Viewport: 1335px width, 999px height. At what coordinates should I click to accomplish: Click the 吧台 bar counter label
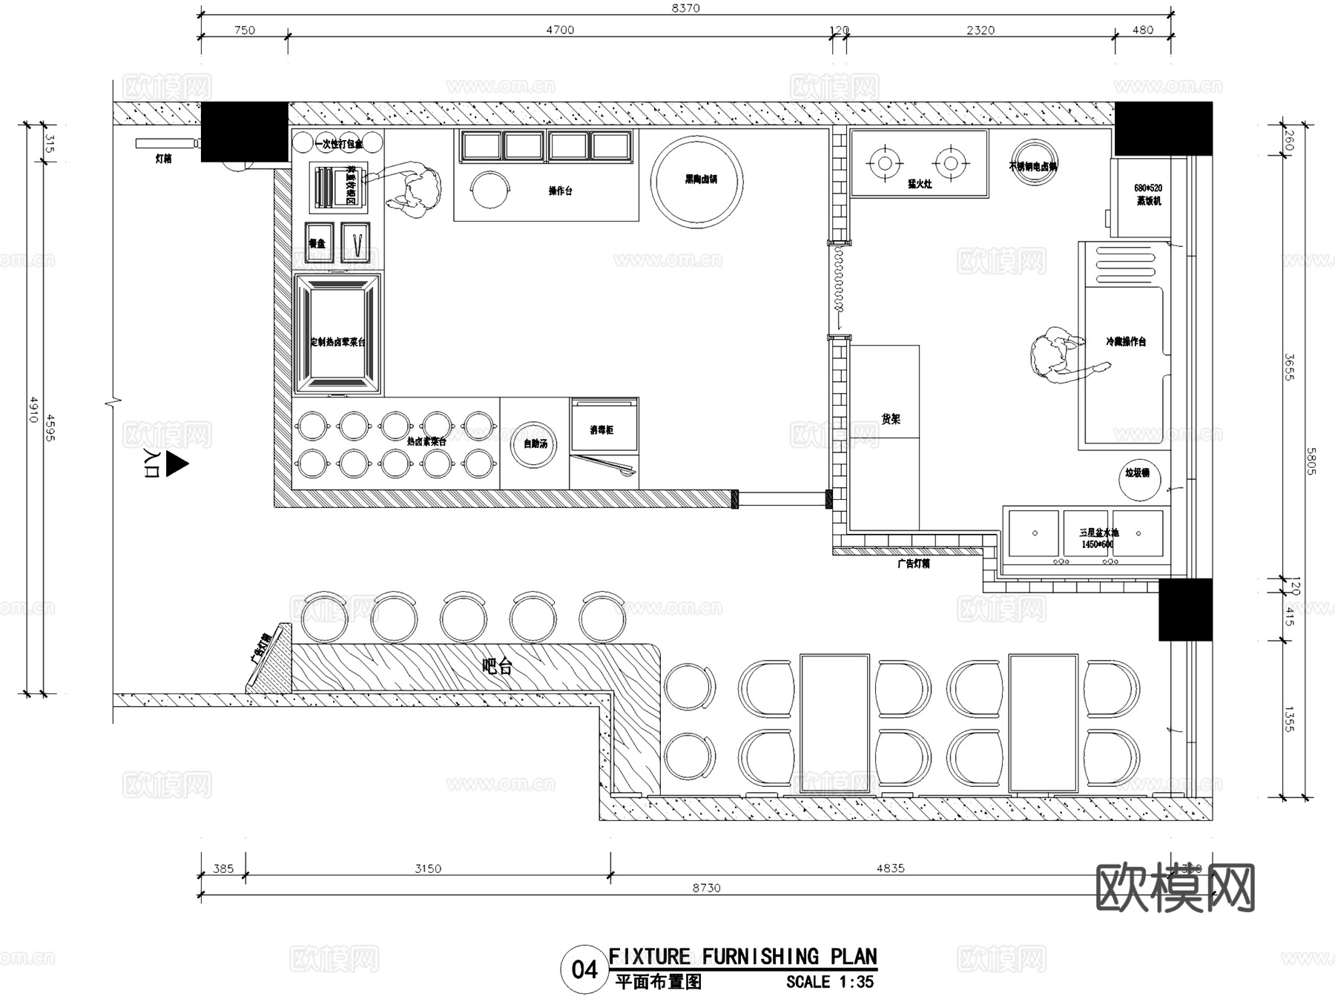tap(497, 666)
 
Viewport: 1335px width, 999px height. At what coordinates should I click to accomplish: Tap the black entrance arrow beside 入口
tap(177, 464)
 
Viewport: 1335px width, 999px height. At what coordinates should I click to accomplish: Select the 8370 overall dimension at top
tap(685, 8)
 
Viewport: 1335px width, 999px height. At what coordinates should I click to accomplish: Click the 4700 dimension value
tap(560, 30)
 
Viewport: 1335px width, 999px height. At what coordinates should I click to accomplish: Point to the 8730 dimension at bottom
tap(706, 888)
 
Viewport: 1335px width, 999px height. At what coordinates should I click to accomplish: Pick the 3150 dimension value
tap(428, 868)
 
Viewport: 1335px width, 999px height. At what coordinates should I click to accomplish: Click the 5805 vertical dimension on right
tap(1311, 461)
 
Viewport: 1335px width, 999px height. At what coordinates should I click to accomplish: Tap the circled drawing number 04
tap(584, 969)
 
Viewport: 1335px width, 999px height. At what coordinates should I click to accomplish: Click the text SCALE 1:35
tap(830, 982)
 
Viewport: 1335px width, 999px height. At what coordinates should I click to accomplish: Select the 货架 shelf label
tap(891, 419)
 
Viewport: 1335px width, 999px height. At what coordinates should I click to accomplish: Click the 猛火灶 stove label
tap(919, 184)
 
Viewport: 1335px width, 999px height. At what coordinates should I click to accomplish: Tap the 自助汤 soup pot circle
tap(535, 444)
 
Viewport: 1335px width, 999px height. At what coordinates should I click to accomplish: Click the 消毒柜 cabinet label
tap(601, 430)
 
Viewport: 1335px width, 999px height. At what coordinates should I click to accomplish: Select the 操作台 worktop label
tap(560, 191)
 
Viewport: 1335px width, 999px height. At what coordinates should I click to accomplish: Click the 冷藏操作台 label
tap(1126, 342)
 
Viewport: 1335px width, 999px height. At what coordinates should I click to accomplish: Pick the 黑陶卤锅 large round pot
tap(696, 181)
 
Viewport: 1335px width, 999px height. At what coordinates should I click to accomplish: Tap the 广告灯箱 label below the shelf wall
tap(913, 564)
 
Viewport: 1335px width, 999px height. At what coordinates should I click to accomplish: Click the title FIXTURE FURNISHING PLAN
tap(742, 957)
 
